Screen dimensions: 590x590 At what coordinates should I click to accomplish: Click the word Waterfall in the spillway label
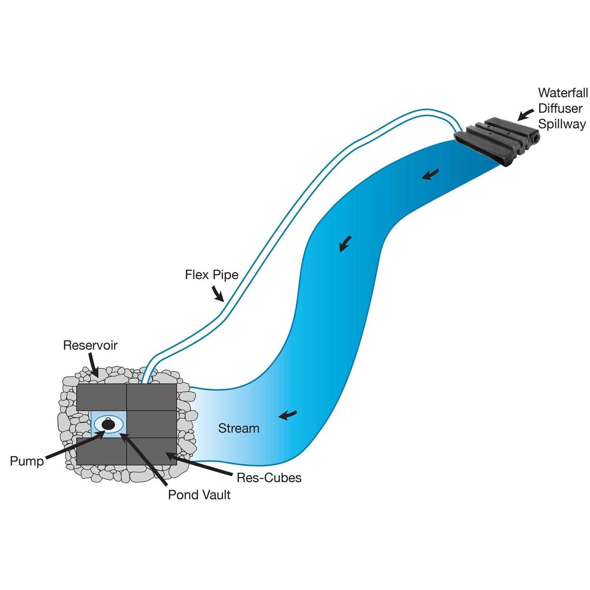point(563,93)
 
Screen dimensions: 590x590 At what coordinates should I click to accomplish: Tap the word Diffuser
point(560,109)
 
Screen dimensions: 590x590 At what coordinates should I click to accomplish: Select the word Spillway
point(562,124)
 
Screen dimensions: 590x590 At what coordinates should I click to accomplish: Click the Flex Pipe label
point(212,275)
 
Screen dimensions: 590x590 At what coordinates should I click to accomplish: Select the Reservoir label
point(90,345)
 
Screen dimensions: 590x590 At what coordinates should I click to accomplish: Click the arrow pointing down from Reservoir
point(93,364)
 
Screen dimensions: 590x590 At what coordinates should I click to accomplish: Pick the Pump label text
point(27,461)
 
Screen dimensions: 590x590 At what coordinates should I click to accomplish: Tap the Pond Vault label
point(199,494)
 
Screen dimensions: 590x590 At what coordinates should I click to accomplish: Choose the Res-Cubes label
point(269,478)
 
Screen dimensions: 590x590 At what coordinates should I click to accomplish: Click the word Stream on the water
point(239,428)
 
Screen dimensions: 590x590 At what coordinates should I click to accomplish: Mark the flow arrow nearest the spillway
point(430,174)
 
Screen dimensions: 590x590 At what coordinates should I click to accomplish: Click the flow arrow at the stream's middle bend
point(345,244)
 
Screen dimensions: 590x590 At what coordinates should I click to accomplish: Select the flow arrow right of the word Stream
point(288,415)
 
